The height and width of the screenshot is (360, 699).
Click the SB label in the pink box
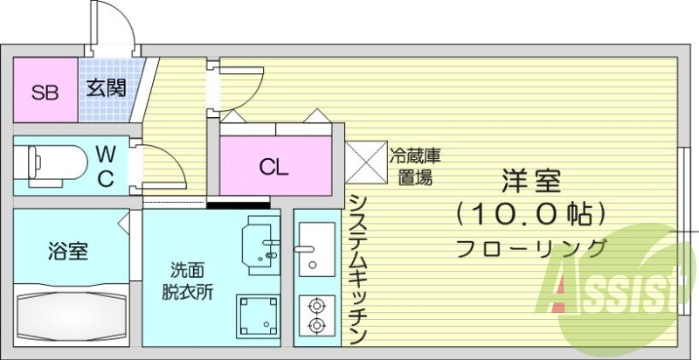[45, 92]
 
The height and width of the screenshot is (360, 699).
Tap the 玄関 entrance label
[107, 87]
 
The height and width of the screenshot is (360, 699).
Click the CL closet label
[273, 166]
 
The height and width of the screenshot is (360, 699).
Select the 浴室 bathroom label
[67, 252]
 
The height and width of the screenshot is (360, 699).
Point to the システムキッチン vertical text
[356, 267]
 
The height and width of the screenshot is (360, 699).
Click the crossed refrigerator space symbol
[366, 161]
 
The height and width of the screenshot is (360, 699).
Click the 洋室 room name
[530, 180]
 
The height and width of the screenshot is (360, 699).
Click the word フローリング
[530, 248]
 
